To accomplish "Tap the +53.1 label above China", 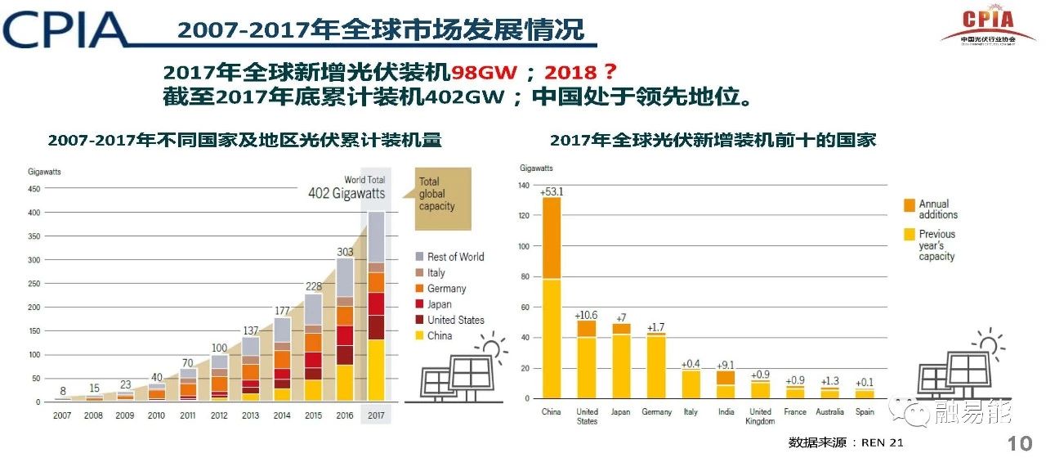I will click(x=552, y=191).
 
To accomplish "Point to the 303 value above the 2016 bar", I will click(x=344, y=252).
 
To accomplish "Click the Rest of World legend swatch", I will click(x=419, y=257).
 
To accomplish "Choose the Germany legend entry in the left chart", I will click(x=446, y=289).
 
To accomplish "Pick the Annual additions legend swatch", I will click(x=908, y=204).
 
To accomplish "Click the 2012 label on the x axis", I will click(x=219, y=415).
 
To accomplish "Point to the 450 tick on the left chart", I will click(x=34, y=188).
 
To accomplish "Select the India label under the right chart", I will click(x=725, y=411).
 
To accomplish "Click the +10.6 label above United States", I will click(x=587, y=315).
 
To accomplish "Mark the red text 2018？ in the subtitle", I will click(x=580, y=72).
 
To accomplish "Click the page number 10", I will click(x=1021, y=444).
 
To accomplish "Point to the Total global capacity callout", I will click(x=439, y=194).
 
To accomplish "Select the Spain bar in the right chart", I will click(x=865, y=394).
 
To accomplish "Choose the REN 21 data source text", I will click(x=846, y=442).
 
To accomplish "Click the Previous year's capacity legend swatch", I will click(x=908, y=235).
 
